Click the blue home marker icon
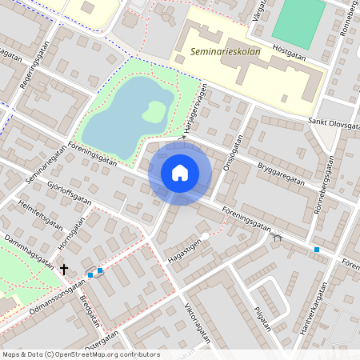[x=180, y=172]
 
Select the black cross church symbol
[x=64, y=270]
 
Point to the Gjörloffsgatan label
[x=71, y=193]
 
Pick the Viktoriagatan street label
[x=198, y=322]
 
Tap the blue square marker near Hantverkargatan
[x=317, y=250]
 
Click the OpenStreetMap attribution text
[x=80, y=354]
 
